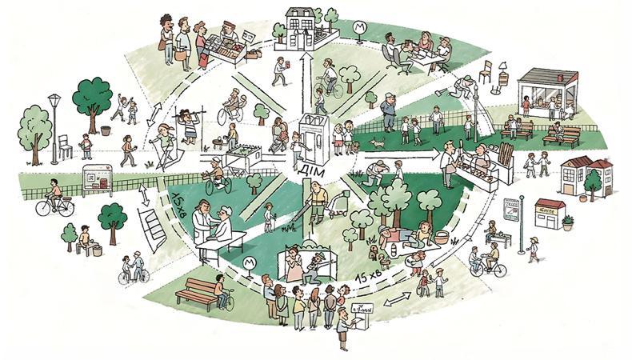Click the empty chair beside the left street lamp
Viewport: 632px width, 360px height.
pyautogui.click(x=65, y=146)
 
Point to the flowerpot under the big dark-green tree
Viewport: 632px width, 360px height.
pyautogui.click(x=105, y=129)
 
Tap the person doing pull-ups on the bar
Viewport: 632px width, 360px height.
pyautogui.click(x=190, y=122)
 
